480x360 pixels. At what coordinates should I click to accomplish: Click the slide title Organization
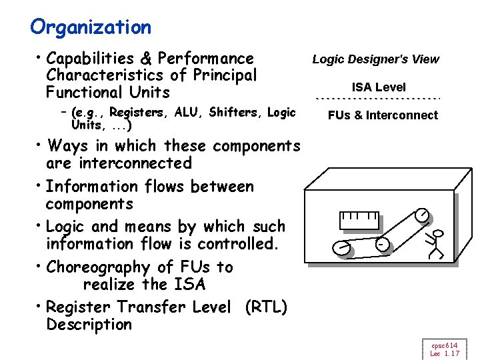click(x=91, y=27)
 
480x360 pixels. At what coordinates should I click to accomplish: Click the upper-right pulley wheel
click(x=421, y=215)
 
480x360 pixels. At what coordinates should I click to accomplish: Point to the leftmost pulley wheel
click(x=341, y=248)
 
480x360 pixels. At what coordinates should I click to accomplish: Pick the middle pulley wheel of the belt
click(x=382, y=245)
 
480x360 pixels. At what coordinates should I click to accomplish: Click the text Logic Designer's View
click(x=376, y=59)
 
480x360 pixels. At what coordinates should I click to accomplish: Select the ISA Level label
click(x=379, y=87)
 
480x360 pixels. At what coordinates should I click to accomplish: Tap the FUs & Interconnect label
click(x=383, y=115)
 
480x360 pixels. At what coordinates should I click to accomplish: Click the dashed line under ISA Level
click(x=378, y=98)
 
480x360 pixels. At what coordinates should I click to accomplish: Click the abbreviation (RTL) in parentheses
click(x=266, y=307)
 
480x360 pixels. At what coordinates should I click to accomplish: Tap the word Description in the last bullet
click(x=89, y=325)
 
